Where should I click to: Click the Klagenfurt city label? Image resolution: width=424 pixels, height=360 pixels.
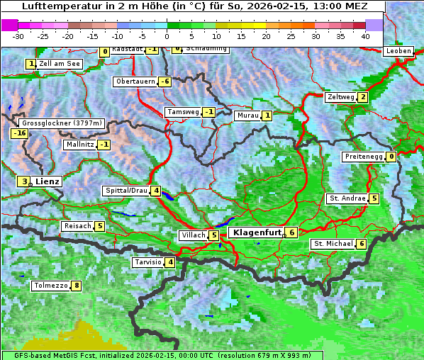257,232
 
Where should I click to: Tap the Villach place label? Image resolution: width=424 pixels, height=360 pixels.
192,235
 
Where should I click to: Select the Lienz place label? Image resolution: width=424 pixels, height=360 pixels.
48,181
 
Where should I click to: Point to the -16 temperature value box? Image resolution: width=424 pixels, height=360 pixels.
19,133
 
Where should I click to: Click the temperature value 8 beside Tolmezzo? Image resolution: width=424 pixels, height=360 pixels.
77,286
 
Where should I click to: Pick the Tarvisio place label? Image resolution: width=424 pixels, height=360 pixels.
147,262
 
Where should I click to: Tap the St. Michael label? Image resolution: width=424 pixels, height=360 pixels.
333,244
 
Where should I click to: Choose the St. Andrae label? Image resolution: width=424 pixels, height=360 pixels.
347,198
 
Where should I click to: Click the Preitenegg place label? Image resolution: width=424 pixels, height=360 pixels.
364,157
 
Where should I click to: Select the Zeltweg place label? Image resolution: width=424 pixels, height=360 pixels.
340,97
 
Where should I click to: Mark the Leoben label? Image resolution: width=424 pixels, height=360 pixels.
398,51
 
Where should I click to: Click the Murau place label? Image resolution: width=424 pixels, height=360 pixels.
247,115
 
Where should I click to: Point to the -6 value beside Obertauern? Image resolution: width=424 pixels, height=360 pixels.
165,81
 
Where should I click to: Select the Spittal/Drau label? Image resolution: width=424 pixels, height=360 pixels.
126,191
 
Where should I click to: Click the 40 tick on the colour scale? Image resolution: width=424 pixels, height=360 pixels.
365,35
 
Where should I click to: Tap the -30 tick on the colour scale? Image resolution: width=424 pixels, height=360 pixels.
18,35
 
